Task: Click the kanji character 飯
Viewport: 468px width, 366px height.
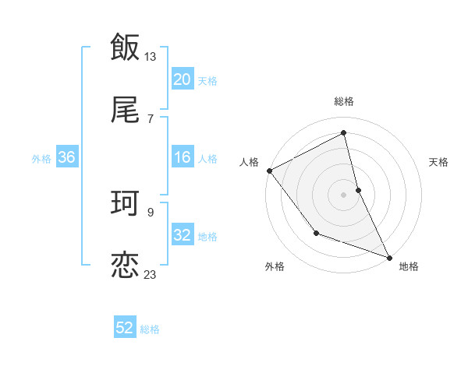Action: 125,48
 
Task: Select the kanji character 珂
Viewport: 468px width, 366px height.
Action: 125,204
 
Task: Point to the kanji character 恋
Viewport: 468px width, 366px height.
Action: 125,265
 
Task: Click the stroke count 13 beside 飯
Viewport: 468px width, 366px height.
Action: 151,57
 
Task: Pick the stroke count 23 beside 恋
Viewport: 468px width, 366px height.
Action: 151,274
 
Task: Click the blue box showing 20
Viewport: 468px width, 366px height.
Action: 183,79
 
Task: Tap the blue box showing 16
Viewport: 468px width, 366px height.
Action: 183,157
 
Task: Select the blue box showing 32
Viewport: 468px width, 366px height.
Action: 183,235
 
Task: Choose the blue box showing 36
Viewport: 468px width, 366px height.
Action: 67,157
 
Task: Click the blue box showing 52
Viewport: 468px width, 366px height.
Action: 125,329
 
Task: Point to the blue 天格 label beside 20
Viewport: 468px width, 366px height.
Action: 207,81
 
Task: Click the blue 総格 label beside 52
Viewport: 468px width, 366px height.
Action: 150,329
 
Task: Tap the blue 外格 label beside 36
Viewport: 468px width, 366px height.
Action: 41,158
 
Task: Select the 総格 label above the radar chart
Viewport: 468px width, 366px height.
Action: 343,101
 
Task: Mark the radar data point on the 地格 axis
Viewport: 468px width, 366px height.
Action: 388,257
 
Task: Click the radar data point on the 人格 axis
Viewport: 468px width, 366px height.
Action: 269,171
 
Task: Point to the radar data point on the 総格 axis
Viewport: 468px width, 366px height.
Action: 343,133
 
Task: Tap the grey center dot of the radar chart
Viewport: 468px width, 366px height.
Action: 343,194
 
